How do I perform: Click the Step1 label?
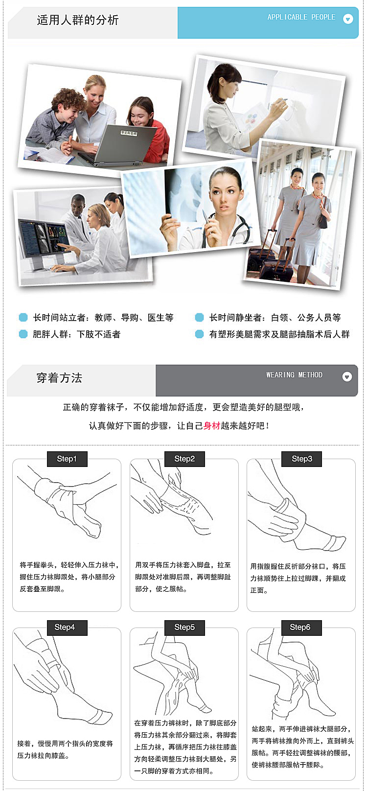point(67,459)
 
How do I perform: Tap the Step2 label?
point(184,459)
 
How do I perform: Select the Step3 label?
point(302,459)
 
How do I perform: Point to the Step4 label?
point(67,627)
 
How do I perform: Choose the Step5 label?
point(184,627)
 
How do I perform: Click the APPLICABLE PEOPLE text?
point(301,17)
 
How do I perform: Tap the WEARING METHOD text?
point(294,374)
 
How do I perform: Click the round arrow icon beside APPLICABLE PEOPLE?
point(348,19)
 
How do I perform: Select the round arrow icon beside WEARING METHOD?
point(347,377)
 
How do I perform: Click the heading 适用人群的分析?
point(78,20)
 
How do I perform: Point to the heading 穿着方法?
point(59,378)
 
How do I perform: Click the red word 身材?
point(212,425)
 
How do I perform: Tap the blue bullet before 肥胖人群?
point(23,334)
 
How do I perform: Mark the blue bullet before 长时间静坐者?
point(199,317)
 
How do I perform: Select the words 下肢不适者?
point(99,334)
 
